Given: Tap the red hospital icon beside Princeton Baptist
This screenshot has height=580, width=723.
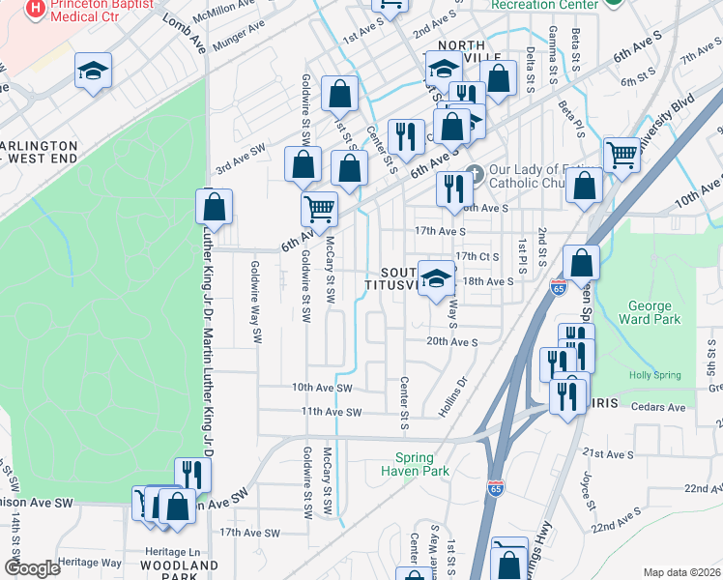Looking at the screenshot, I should click(35, 8).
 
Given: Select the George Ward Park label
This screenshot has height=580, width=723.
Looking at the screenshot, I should click(655, 312).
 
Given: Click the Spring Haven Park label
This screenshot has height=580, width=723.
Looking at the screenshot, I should click(422, 464).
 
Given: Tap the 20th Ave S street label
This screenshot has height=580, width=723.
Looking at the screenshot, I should click(452, 341).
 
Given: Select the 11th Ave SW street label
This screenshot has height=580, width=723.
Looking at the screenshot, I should click(332, 412).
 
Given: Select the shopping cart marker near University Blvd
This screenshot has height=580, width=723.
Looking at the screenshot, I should click(622, 154).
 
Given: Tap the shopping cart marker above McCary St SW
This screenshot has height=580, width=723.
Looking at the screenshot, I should click(319, 208).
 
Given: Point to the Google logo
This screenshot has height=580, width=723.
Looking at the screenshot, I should click(32, 568).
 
